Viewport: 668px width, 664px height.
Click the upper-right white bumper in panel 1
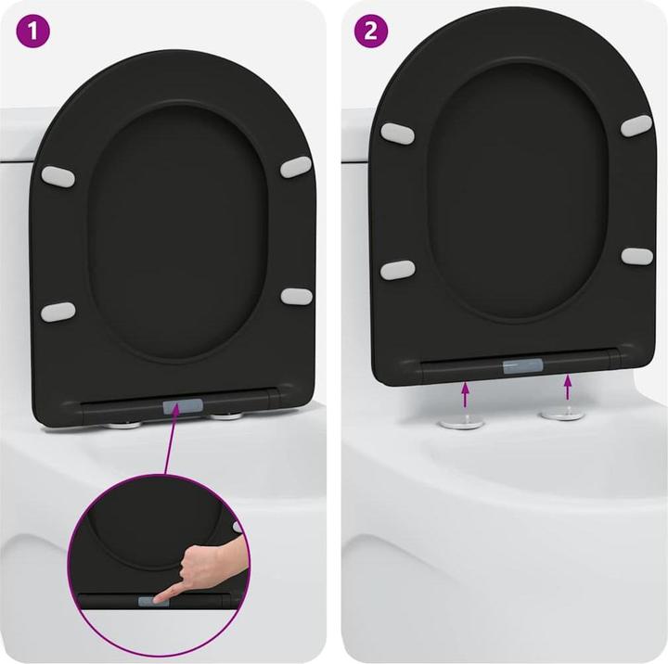tap(296, 166)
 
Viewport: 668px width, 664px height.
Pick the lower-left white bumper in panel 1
tap(59, 311)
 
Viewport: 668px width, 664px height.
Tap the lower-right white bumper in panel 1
tap(296, 296)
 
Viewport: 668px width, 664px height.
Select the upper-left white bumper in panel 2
tap(397, 133)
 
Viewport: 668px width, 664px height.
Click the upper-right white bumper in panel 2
tap(636, 125)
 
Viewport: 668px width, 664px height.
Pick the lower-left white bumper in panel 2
tap(398, 270)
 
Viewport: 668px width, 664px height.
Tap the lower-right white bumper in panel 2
tap(636, 255)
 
